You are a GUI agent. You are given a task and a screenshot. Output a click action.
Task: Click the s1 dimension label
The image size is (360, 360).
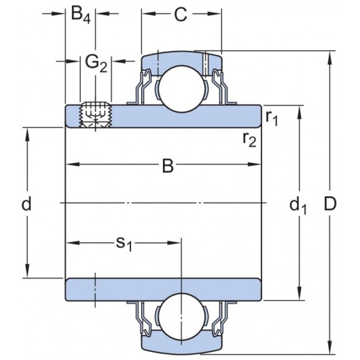(x=123, y=243)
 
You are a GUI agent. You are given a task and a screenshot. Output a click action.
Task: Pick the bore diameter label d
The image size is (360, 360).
(x=26, y=203)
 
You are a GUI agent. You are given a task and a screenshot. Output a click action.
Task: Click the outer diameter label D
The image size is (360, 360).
(x=331, y=204)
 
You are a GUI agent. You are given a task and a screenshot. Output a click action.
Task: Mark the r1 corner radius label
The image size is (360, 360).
(x=272, y=119)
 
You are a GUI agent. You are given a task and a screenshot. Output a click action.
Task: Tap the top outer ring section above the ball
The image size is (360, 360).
(x=180, y=59)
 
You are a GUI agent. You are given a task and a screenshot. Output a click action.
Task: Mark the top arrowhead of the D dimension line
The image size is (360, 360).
(x=331, y=56)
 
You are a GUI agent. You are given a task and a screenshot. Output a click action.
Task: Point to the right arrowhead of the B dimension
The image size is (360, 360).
(x=257, y=165)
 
